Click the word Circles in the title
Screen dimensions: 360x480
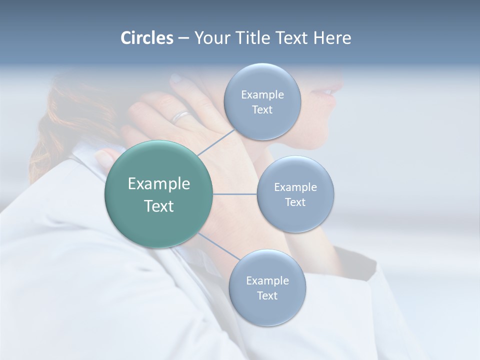click(147, 38)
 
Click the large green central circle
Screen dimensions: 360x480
click(158, 194)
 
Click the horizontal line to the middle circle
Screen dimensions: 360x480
click(235, 194)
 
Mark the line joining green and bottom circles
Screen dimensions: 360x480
click(218, 247)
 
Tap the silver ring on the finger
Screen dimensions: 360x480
click(181, 117)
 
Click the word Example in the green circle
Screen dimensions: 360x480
click(158, 184)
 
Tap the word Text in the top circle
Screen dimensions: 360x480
click(262, 110)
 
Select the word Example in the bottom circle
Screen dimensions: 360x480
click(267, 280)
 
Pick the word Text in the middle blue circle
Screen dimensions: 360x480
click(295, 202)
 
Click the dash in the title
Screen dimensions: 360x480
click(183, 38)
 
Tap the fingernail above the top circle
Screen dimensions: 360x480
click(176, 78)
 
